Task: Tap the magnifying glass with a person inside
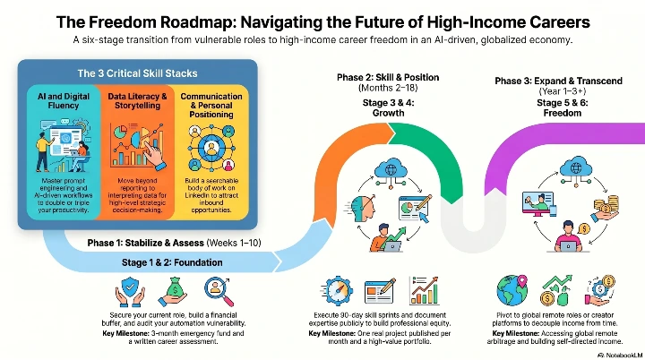pos(215,290)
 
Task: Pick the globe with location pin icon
pos(509,290)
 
